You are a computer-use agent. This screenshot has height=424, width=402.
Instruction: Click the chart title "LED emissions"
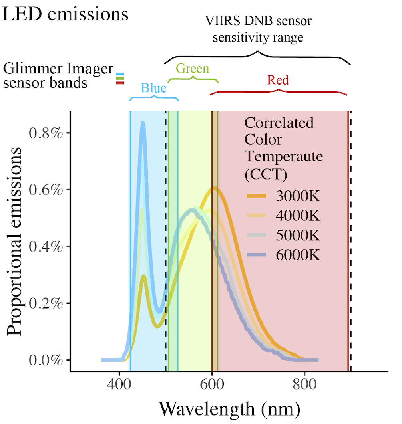tap(66, 14)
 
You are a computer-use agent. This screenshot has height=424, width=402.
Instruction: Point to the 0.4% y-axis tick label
tap(46, 246)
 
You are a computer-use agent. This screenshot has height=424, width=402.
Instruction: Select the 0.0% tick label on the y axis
tap(46, 360)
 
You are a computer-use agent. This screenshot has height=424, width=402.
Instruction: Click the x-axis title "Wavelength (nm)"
tap(229, 408)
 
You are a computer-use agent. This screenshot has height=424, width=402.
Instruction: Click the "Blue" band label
tap(153, 88)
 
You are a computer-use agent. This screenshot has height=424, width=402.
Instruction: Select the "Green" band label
tap(193, 69)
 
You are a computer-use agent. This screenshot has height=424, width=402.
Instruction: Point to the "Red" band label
tap(278, 80)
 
